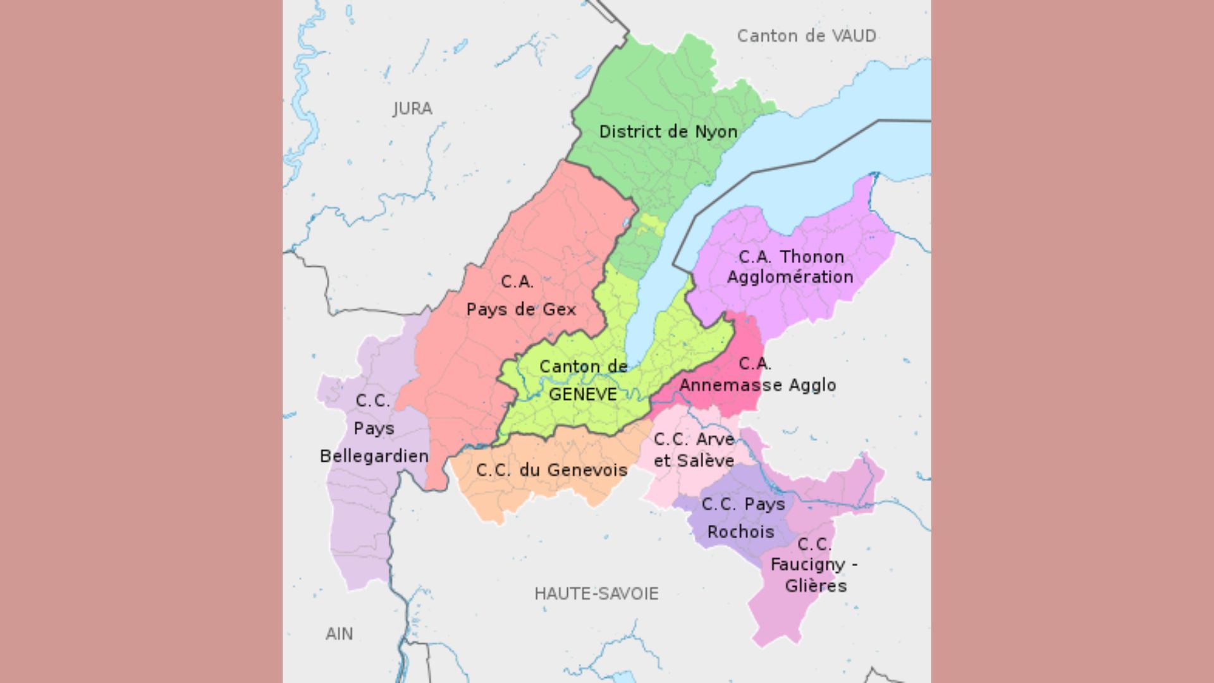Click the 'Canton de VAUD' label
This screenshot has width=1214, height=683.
[806, 36]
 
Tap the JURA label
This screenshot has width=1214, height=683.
[412, 109]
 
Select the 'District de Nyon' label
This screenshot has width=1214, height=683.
[668, 132]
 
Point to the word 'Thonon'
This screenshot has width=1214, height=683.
[812, 257]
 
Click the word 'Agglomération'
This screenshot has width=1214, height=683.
[790, 277]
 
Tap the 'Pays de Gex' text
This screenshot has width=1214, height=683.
[521, 309]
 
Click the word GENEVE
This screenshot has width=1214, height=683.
[582, 394]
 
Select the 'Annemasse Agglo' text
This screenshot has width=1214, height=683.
[757, 385]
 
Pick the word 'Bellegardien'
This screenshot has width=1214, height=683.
[374, 456]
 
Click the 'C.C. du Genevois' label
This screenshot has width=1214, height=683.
[551, 470]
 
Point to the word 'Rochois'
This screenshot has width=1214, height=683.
[740, 532]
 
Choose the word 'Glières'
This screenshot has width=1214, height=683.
[815, 586]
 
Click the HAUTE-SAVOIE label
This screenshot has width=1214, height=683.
[596, 593]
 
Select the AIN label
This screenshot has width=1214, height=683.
[339, 634]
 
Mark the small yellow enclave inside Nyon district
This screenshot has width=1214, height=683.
[649, 225]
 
